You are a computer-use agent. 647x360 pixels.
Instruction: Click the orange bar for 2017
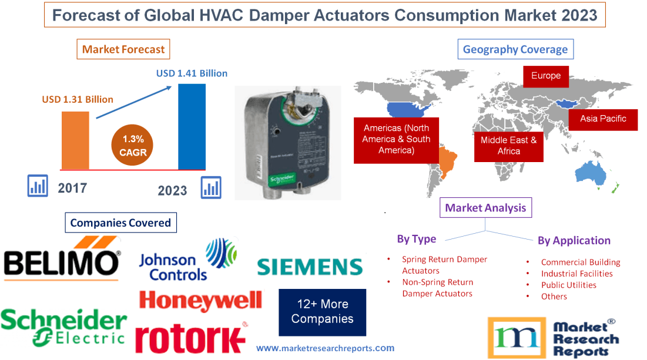(75, 140)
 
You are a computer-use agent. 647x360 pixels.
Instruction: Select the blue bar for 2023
(192, 126)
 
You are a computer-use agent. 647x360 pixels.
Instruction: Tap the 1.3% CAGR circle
(133, 145)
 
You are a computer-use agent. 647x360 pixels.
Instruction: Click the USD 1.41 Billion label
(192, 73)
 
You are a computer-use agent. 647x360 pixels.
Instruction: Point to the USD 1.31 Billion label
(78, 99)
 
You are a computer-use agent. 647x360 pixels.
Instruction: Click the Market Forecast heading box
(123, 49)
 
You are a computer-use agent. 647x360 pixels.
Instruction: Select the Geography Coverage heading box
(515, 49)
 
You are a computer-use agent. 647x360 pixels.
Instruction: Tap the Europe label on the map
(546, 76)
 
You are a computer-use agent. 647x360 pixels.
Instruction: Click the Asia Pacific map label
(603, 119)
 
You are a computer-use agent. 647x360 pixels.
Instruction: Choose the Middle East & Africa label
(508, 146)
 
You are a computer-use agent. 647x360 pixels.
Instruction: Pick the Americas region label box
(396, 139)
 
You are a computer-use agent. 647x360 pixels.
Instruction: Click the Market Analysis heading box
(485, 207)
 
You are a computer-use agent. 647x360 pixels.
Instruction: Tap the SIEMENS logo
(310, 267)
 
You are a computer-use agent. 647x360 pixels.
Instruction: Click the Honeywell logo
(200, 301)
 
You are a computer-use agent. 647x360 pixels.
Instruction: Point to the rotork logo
(190, 338)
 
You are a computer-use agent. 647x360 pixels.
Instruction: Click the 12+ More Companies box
(322, 312)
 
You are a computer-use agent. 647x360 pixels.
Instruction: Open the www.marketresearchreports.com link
(325, 348)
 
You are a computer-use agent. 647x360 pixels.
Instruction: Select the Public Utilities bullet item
(568, 285)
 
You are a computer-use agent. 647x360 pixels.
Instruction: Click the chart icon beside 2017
(38, 186)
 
